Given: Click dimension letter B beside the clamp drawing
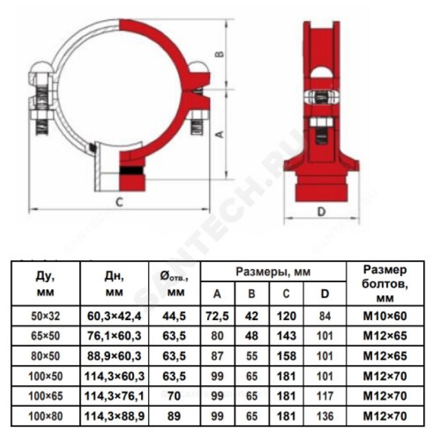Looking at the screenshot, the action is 221,53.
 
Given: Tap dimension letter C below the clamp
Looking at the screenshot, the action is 120,202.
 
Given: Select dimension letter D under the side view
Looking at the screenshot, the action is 321,212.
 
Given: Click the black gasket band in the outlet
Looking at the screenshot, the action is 132,170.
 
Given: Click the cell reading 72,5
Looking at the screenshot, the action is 217,316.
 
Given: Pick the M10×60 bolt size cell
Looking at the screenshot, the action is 385,316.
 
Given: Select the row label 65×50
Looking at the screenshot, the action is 45,336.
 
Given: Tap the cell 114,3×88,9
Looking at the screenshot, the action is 115,416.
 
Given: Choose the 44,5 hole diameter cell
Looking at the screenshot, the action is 174,316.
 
